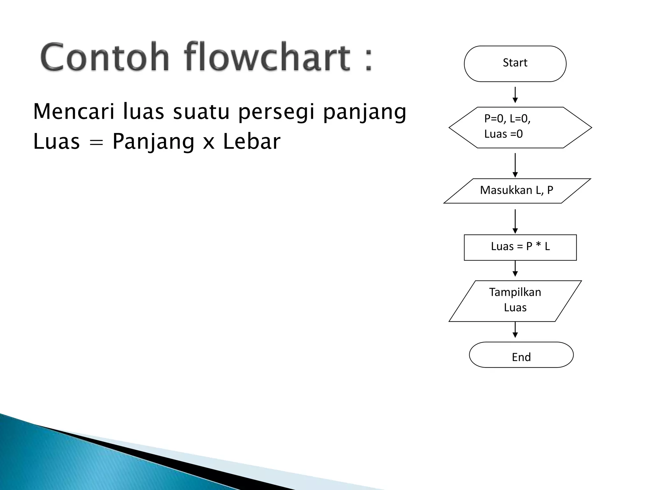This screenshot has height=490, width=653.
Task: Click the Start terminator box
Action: [x=515, y=63]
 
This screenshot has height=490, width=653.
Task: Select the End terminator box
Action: [x=521, y=355]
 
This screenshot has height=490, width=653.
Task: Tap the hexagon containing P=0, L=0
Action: [x=520, y=127]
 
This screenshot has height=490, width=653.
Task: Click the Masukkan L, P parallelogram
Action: [x=517, y=191]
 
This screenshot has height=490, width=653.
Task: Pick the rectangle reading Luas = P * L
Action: [x=520, y=247]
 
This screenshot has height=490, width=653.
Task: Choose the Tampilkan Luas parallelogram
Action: [x=515, y=301]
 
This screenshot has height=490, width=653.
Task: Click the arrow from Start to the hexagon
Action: [x=515, y=95]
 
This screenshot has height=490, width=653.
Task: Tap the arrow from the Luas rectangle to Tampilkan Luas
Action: [x=515, y=269]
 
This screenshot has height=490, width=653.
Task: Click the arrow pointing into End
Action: [x=515, y=330]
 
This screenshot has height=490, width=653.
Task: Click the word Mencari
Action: [x=74, y=112]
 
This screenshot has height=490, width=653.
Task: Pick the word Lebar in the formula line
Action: [x=252, y=141]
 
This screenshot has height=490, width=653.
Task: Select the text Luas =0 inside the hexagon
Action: [x=503, y=134]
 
